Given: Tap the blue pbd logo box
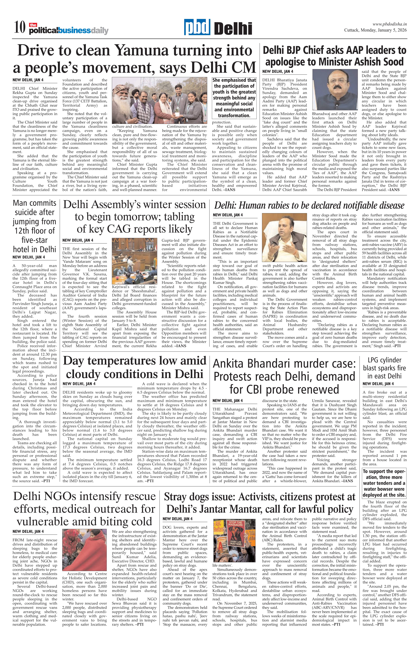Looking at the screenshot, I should [197, 27].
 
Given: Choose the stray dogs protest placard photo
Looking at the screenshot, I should [234, 540].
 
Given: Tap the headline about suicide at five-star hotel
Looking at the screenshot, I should [35, 226].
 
